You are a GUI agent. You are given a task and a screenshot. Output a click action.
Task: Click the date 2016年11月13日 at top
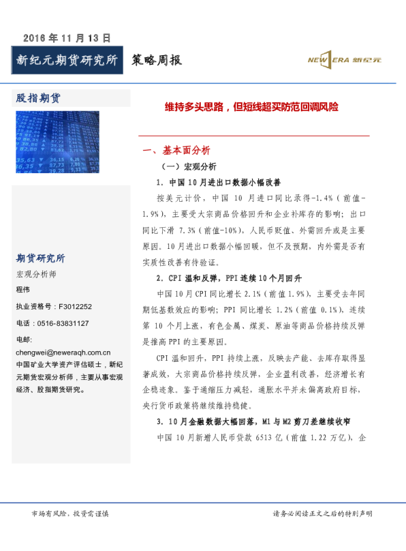click(x=67, y=38)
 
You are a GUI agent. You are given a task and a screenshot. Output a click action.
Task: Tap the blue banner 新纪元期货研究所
click(x=67, y=61)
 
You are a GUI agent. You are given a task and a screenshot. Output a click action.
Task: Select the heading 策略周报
click(x=157, y=61)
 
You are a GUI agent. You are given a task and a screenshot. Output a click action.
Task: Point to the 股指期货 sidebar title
click(x=38, y=98)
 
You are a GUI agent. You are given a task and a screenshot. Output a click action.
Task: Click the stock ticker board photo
click(x=57, y=143)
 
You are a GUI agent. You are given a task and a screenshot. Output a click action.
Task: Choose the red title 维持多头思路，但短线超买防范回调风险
click(x=251, y=107)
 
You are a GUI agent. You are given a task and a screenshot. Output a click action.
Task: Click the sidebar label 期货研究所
click(x=40, y=258)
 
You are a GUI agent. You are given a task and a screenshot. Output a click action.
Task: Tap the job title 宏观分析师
click(x=36, y=274)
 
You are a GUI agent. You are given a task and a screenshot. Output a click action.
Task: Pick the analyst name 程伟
click(x=23, y=290)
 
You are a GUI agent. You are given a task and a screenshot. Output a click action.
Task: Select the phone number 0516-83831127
click(x=52, y=323)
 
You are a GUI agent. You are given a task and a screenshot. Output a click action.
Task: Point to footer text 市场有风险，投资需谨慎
click(x=70, y=513)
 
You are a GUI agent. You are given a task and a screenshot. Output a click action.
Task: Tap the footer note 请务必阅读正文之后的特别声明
click(x=322, y=513)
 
